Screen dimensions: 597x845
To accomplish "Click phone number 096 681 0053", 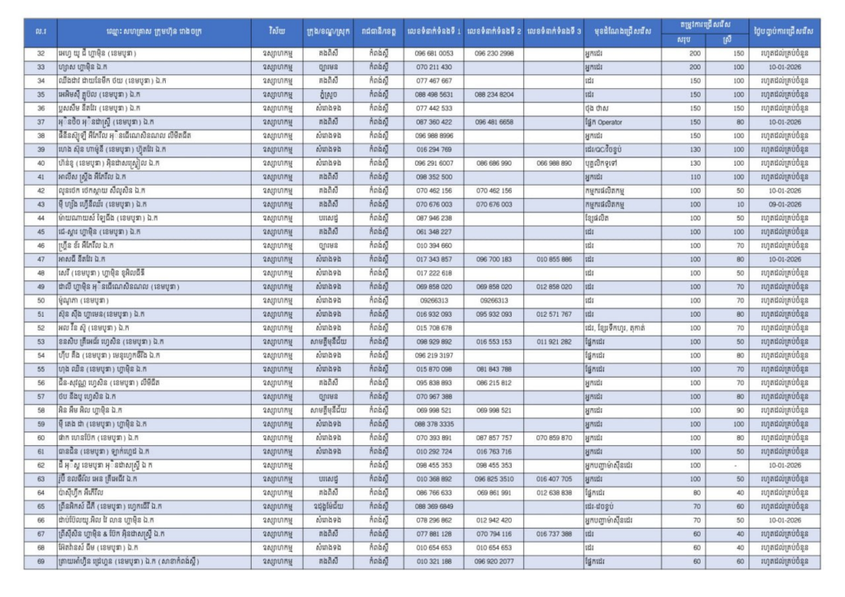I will point(434,54).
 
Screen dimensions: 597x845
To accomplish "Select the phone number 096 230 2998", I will point(494,54).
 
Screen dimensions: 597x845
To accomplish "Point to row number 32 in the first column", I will point(40,54).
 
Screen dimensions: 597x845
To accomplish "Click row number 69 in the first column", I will point(40,562).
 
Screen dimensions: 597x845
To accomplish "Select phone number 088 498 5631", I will point(434,95).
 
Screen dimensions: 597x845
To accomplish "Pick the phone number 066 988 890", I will point(554,163).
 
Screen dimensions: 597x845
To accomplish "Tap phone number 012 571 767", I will point(554,314).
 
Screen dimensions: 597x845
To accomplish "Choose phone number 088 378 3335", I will point(434,424).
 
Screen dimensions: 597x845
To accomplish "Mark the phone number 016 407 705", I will point(554,479).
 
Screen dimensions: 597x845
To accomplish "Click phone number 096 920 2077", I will point(494,562).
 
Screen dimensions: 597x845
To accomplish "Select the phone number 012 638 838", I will point(554,493).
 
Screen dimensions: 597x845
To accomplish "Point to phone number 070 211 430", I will point(434,67).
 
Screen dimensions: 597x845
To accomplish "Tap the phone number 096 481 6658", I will point(494,122).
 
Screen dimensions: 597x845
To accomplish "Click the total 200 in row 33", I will point(695,67).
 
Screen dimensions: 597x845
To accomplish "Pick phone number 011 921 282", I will point(554,341).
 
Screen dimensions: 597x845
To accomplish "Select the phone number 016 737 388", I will point(554,534).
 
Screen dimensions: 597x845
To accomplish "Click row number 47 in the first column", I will point(40,259).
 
